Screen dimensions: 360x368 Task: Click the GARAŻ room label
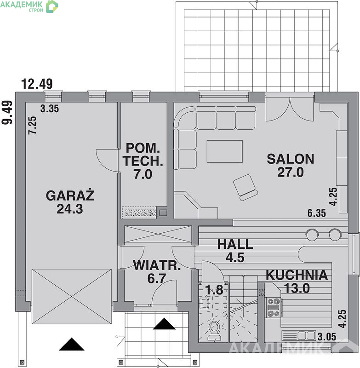click(x=70, y=195)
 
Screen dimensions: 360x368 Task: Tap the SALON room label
click(x=291, y=159)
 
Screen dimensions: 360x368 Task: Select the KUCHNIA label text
click(x=297, y=275)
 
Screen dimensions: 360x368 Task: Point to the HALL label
click(x=235, y=244)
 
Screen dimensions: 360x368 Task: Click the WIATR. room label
click(x=157, y=265)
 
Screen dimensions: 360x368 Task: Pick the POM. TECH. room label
click(x=143, y=155)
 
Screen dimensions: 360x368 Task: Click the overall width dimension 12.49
click(x=37, y=84)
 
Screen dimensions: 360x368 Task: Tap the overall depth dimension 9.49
click(x=7, y=112)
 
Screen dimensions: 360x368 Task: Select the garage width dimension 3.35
click(x=50, y=109)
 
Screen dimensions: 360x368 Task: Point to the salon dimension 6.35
click(x=317, y=213)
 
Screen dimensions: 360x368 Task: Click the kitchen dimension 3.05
click(x=327, y=337)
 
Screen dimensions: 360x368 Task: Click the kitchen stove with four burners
click(x=274, y=307)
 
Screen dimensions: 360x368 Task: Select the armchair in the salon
click(x=245, y=188)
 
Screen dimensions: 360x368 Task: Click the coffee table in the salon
click(x=225, y=151)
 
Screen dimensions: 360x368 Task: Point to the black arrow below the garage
click(x=72, y=344)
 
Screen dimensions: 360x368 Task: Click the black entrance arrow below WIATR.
click(x=164, y=324)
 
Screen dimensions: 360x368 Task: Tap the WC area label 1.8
click(x=214, y=290)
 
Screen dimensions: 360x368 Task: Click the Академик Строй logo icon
click(x=52, y=6)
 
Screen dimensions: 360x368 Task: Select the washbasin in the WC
click(x=205, y=304)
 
